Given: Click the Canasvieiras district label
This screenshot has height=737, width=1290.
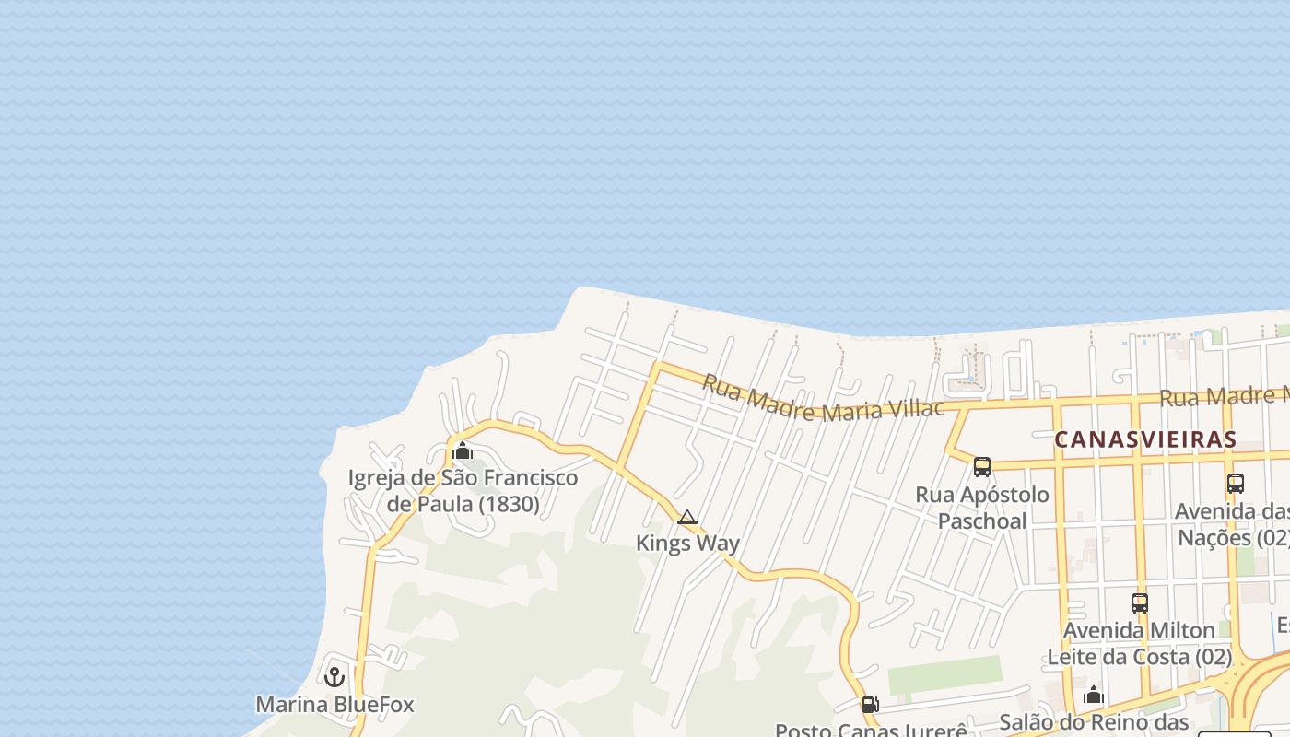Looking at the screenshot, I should (x=1144, y=439).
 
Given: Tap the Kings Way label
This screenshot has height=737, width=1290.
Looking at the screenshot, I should (x=687, y=544).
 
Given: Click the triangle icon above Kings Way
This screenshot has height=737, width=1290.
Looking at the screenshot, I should (x=687, y=518).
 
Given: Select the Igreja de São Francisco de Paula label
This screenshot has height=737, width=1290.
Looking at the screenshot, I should (x=463, y=490).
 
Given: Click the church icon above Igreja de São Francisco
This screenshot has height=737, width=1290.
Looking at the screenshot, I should (x=463, y=450).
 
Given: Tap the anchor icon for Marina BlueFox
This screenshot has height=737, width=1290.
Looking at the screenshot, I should (x=334, y=677).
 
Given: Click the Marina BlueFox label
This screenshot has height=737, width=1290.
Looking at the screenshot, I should (x=334, y=705).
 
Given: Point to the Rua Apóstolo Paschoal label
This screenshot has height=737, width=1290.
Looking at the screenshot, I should (x=982, y=508).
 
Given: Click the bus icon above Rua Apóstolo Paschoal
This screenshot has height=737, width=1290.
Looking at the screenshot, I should (x=982, y=467).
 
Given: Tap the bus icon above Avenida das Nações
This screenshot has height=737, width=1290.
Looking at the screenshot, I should (x=1236, y=483).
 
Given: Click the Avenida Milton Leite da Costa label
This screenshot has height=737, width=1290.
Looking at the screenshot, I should (x=1140, y=643).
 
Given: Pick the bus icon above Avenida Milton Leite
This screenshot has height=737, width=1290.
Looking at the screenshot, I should (x=1140, y=603).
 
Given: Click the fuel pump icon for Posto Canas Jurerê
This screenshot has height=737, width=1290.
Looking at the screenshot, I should (x=869, y=705).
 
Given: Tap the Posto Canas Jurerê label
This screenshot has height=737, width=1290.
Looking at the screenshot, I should (x=871, y=730).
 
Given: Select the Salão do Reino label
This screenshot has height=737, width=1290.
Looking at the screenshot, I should (x=1094, y=722).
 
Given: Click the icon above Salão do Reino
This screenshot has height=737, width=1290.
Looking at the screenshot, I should (x=1094, y=695).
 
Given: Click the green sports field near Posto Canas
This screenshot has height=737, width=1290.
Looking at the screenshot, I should (x=944, y=675).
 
